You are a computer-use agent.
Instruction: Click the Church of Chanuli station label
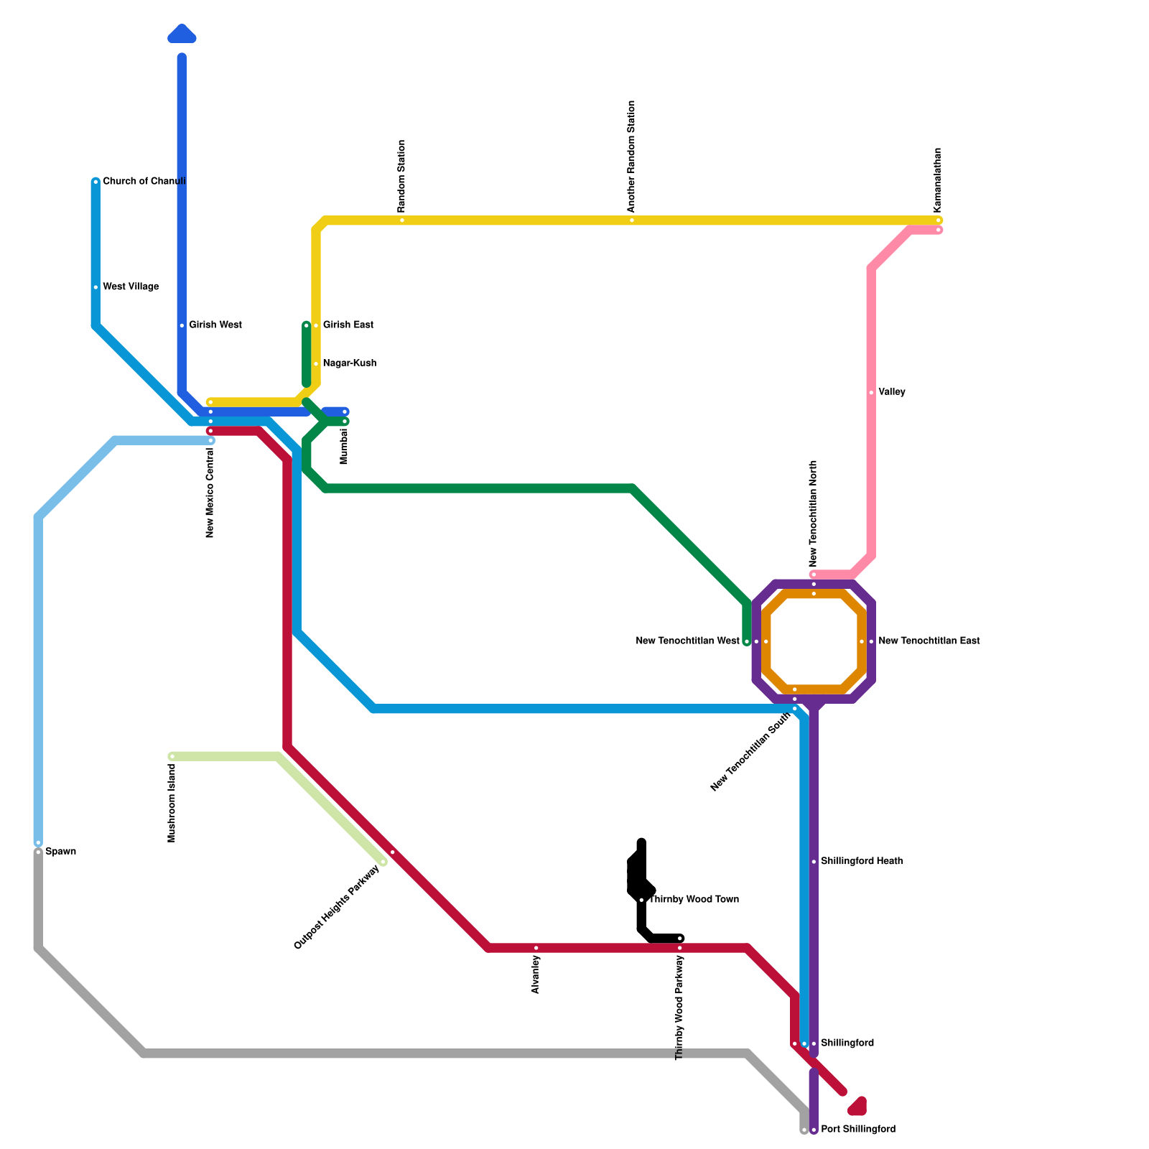pos(144,182)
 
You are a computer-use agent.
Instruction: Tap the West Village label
pos(131,287)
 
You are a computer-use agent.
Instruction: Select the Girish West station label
pos(215,325)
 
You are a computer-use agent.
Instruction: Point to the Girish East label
pos(348,325)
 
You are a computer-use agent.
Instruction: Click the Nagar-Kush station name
pos(349,363)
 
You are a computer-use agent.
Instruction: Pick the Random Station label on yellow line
pos(402,176)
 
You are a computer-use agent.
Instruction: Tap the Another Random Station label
pos(632,157)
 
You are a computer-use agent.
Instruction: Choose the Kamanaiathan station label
pos(938,180)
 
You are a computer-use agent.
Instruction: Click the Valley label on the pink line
pos(892,393)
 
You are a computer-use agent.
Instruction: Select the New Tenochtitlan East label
pos(929,641)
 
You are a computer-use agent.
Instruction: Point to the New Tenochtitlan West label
pos(687,641)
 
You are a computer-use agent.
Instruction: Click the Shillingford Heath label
pos(861,861)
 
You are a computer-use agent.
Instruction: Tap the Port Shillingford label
pos(857,1130)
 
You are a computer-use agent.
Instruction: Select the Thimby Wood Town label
pos(694,900)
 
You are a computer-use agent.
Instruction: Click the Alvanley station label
pos(536,974)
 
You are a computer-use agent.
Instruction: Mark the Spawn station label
pos(60,852)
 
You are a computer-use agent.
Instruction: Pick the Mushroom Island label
pos(172,803)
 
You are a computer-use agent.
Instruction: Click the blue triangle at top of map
pos(182,34)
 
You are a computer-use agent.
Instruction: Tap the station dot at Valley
pos(871,393)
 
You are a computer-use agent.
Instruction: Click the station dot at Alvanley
pos(536,949)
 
